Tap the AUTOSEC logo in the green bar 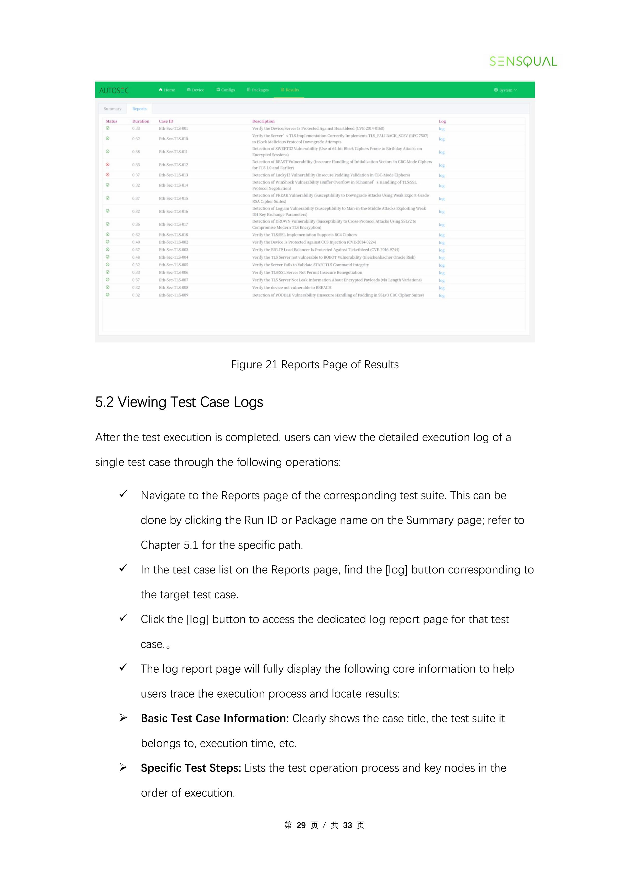pyautogui.click(x=114, y=90)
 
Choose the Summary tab pyautogui.click(x=112, y=109)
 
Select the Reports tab pyautogui.click(x=139, y=109)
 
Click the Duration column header pyautogui.click(x=140, y=121)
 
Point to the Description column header pyautogui.click(x=263, y=121)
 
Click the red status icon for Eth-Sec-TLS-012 pyautogui.click(x=107, y=164)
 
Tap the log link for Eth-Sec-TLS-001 pyautogui.click(x=441, y=129)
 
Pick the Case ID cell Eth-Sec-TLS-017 pyautogui.click(x=173, y=224)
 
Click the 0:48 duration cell pyautogui.click(x=136, y=257)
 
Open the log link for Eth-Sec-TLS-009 pyautogui.click(x=441, y=296)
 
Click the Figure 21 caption pyautogui.click(x=315, y=365)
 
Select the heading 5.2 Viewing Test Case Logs pyautogui.click(x=179, y=402)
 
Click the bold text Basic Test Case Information pyautogui.click(x=215, y=718)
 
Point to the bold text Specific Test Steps pyautogui.click(x=191, y=768)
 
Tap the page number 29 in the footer pyautogui.click(x=301, y=825)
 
